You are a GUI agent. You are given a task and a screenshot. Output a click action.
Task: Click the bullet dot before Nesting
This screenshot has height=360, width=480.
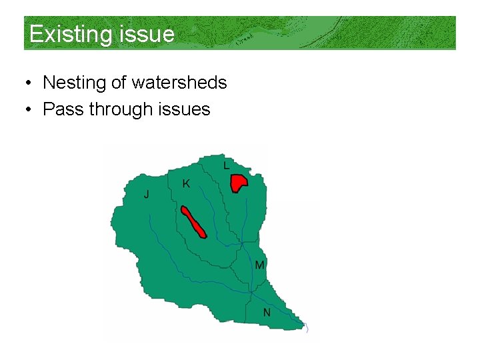[28, 83]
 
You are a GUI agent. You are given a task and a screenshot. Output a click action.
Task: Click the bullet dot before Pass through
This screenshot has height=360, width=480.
[28, 109]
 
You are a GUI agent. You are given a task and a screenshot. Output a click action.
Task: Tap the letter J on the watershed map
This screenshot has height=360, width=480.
[147, 194]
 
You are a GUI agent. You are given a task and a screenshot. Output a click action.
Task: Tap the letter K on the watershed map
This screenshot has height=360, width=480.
[186, 183]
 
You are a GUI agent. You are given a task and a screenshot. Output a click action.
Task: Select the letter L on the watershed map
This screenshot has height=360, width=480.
[227, 165]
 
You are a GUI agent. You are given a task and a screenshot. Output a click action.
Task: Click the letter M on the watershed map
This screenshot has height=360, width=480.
[260, 265]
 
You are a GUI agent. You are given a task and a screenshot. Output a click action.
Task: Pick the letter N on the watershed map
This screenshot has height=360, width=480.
[267, 312]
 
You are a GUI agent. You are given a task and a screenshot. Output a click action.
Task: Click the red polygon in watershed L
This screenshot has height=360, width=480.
[238, 182]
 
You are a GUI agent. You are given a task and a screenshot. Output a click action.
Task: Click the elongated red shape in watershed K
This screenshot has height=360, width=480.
[193, 223]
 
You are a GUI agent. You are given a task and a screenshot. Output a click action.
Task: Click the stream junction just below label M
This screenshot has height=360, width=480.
[251, 291]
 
